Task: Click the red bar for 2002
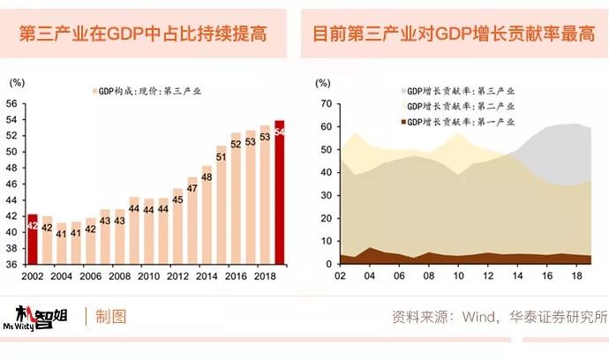tap(33, 239)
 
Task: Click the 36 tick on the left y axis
tap(12, 265)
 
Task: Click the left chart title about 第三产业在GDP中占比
tap(144, 35)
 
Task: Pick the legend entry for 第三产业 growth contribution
tap(457, 90)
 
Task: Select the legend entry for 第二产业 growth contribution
tap(457, 106)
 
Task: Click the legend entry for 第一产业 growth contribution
tap(457, 122)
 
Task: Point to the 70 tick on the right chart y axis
tap(324, 103)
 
